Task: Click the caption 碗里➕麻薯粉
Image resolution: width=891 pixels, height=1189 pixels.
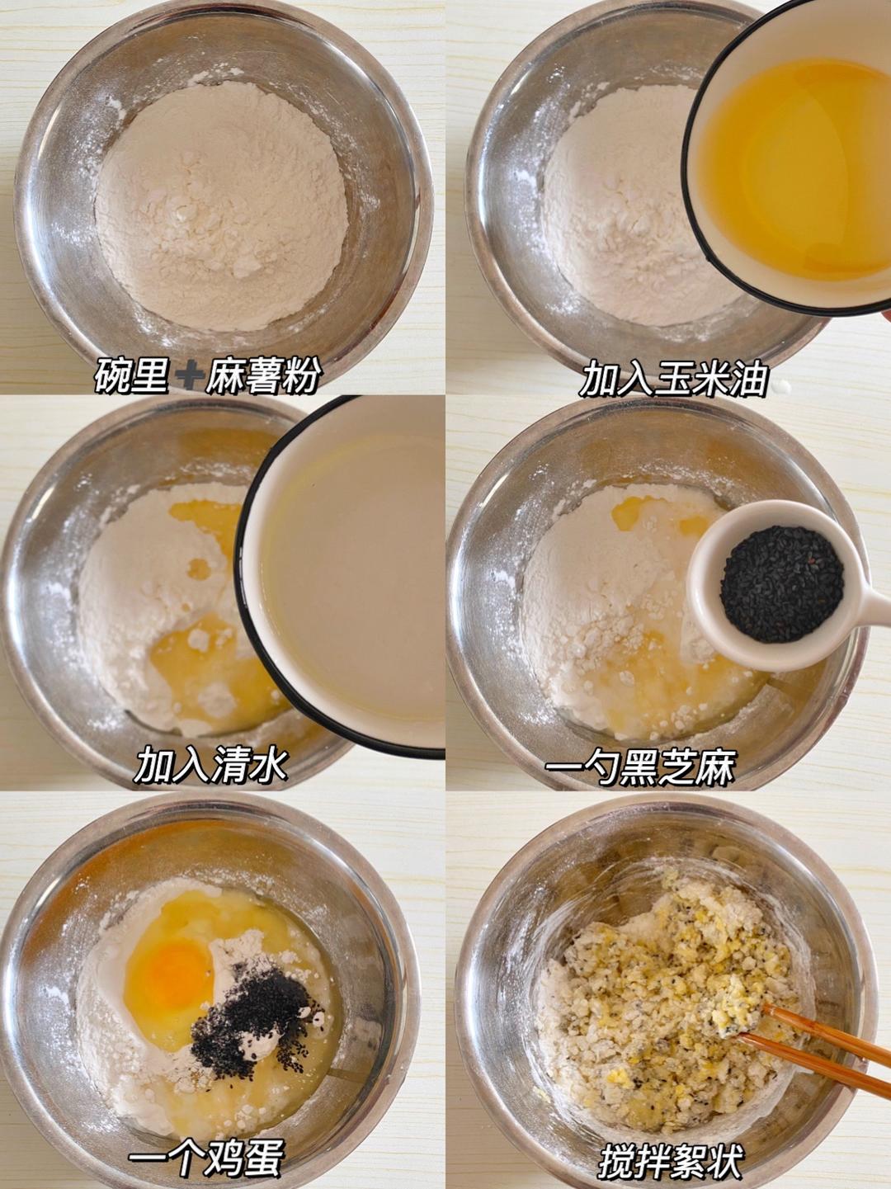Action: pos(208,378)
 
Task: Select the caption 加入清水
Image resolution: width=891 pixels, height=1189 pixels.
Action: pos(211,766)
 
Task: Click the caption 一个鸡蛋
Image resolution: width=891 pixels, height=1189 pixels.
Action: pos(206,1158)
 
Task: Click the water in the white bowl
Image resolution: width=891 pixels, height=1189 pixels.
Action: pos(355,578)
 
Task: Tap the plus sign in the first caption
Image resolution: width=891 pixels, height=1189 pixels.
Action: pos(187,378)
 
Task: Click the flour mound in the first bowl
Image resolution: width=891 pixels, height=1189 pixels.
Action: pos(221,206)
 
